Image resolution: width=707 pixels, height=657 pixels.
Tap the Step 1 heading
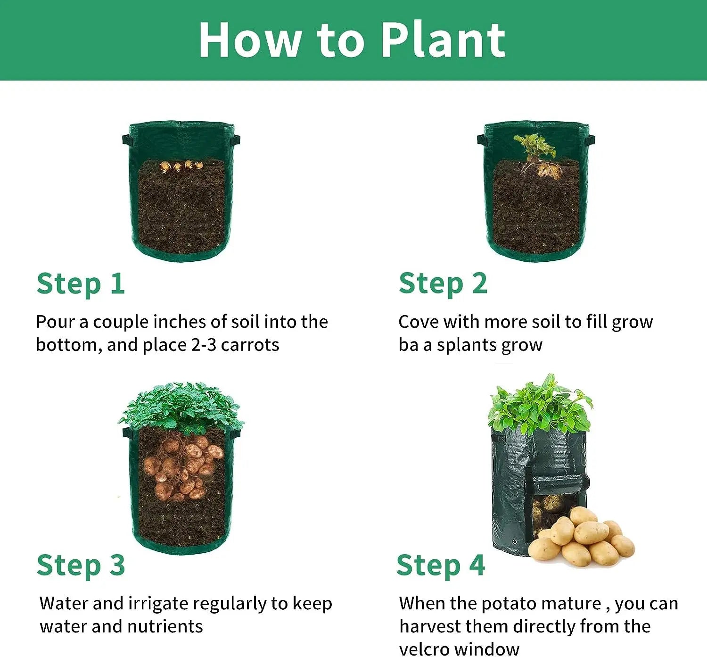click(81, 284)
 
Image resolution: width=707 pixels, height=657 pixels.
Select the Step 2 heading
click(443, 284)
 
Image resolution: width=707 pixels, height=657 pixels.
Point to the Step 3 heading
click(81, 566)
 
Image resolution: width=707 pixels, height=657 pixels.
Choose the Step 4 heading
click(440, 566)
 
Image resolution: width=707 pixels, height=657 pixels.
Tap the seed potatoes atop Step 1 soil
click(181, 166)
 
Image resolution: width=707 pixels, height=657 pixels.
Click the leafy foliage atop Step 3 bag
click(181, 406)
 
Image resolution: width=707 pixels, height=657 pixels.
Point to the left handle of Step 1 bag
click(126, 140)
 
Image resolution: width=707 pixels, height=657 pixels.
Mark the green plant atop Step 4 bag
click(540, 406)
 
